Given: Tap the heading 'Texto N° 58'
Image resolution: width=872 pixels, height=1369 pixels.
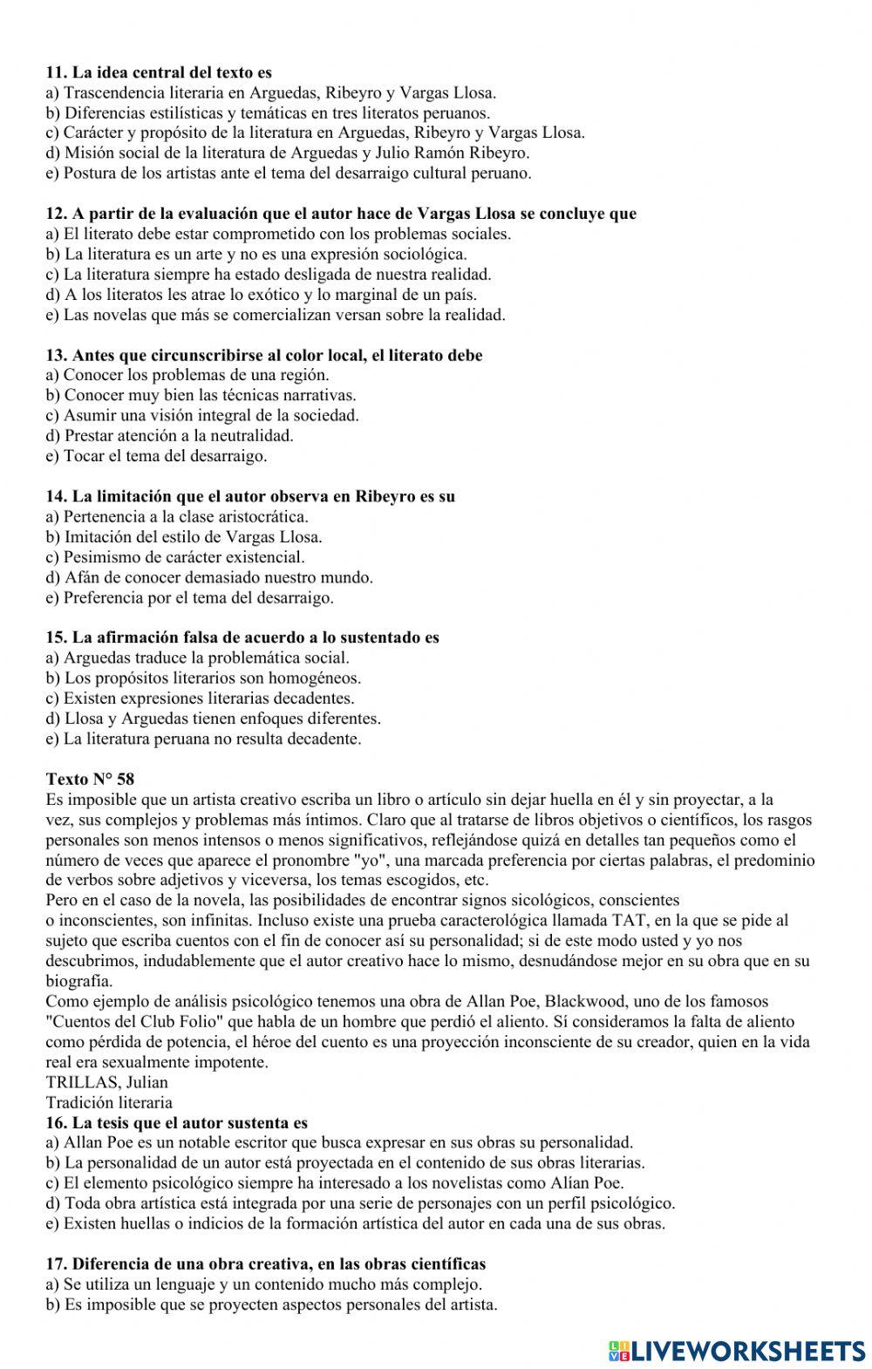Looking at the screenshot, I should [90, 779].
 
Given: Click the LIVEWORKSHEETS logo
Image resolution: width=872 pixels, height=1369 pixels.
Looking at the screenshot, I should [737, 1350].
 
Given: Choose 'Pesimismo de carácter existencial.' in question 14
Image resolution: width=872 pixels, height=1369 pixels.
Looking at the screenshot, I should [175, 557].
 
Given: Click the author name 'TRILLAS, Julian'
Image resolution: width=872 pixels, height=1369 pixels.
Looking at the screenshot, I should [106, 1083].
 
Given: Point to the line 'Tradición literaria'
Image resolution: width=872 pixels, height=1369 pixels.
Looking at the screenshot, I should [109, 1103].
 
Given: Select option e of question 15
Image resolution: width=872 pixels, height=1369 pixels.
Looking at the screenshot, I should [203, 739].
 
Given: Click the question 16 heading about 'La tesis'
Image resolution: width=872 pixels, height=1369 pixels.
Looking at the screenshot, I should [176, 1123].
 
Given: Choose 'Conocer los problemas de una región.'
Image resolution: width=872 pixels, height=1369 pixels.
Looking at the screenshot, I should [187, 376].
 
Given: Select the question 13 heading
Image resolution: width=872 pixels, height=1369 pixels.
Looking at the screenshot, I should [263, 356].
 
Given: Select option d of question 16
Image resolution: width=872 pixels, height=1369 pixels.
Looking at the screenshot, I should [359, 1204].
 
